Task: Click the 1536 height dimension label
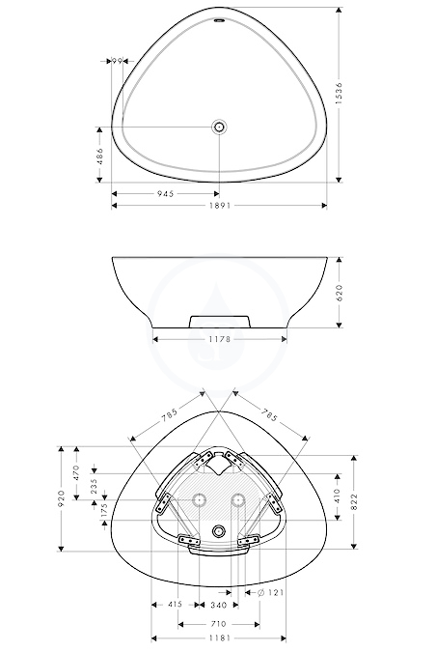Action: pos(340,93)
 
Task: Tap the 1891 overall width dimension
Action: pos(219,206)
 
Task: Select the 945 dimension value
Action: pos(166,194)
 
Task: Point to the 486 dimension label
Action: pos(99,156)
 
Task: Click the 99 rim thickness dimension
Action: pos(117,61)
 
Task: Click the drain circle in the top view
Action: pos(219,127)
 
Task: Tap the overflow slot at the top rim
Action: pos(219,20)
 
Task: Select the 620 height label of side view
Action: pos(340,293)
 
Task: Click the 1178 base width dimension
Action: pos(219,339)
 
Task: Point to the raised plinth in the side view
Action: pos(220,322)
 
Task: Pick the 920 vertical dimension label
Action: pos(62,498)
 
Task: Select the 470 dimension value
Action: pos(76,472)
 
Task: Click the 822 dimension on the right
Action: pos(354,502)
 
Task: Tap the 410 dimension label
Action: pos(337,496)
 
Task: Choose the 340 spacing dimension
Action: pos(219,605)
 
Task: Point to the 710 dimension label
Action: pos(219,624)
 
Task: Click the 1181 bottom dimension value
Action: pos(219,638)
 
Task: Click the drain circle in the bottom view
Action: pos(219,531)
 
